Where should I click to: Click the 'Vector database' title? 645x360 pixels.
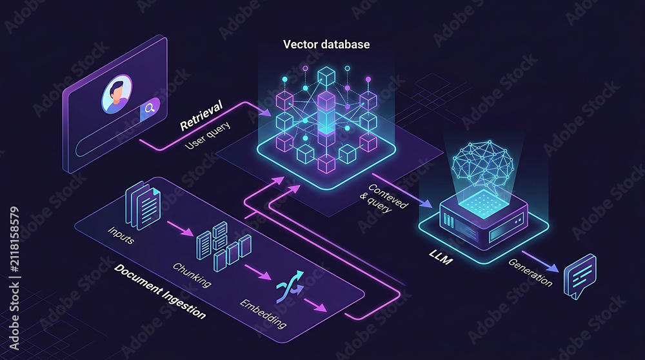[326, 45]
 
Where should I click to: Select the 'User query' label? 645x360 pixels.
[208, 135]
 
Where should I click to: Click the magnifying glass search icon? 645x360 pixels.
[150, 108]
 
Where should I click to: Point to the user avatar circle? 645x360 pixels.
[117, 94]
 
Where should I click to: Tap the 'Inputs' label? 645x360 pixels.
[121, 235]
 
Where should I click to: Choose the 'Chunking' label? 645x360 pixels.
[192, 274]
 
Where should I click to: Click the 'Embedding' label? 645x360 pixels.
[263, 314]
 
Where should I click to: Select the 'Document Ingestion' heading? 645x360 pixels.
[159, 292]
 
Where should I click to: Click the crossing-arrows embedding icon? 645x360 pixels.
[290, 286]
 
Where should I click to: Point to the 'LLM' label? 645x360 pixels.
[441, 257]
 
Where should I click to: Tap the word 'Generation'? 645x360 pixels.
[530, 272]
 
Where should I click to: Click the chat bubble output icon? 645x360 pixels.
[580, 276]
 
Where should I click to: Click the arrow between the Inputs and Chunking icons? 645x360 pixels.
[180, 228]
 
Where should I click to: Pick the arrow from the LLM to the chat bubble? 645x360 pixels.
[541, 262]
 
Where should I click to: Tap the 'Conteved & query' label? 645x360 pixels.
[383, 198]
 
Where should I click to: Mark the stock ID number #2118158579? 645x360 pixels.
[14, 239]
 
